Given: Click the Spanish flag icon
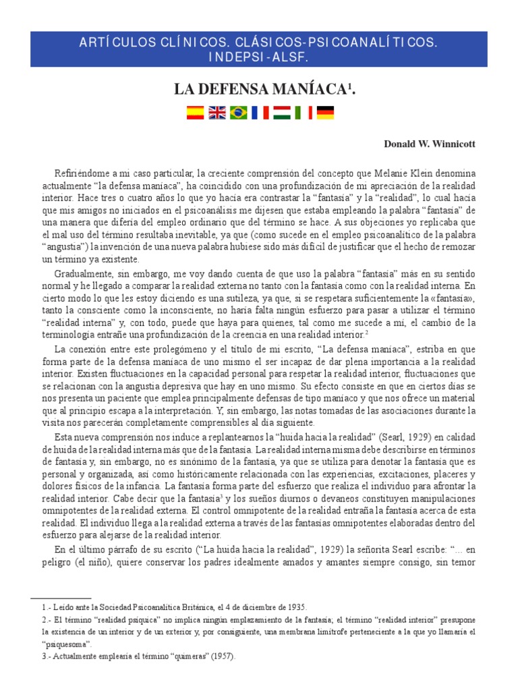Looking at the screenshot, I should (x=195, y=113).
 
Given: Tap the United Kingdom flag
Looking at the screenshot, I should (x=217, y=113).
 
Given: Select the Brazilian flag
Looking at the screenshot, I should (x=238, y=113).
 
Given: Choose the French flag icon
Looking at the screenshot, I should (x=260, y=113).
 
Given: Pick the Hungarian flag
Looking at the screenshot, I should (x=281, y=113).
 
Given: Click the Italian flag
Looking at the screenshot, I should (x=303, y=113).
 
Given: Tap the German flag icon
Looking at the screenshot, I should (x=325, y=113).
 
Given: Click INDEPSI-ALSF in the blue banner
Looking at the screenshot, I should (x=258, y=58).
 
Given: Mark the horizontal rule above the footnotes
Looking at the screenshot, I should (x=61, y=598).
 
